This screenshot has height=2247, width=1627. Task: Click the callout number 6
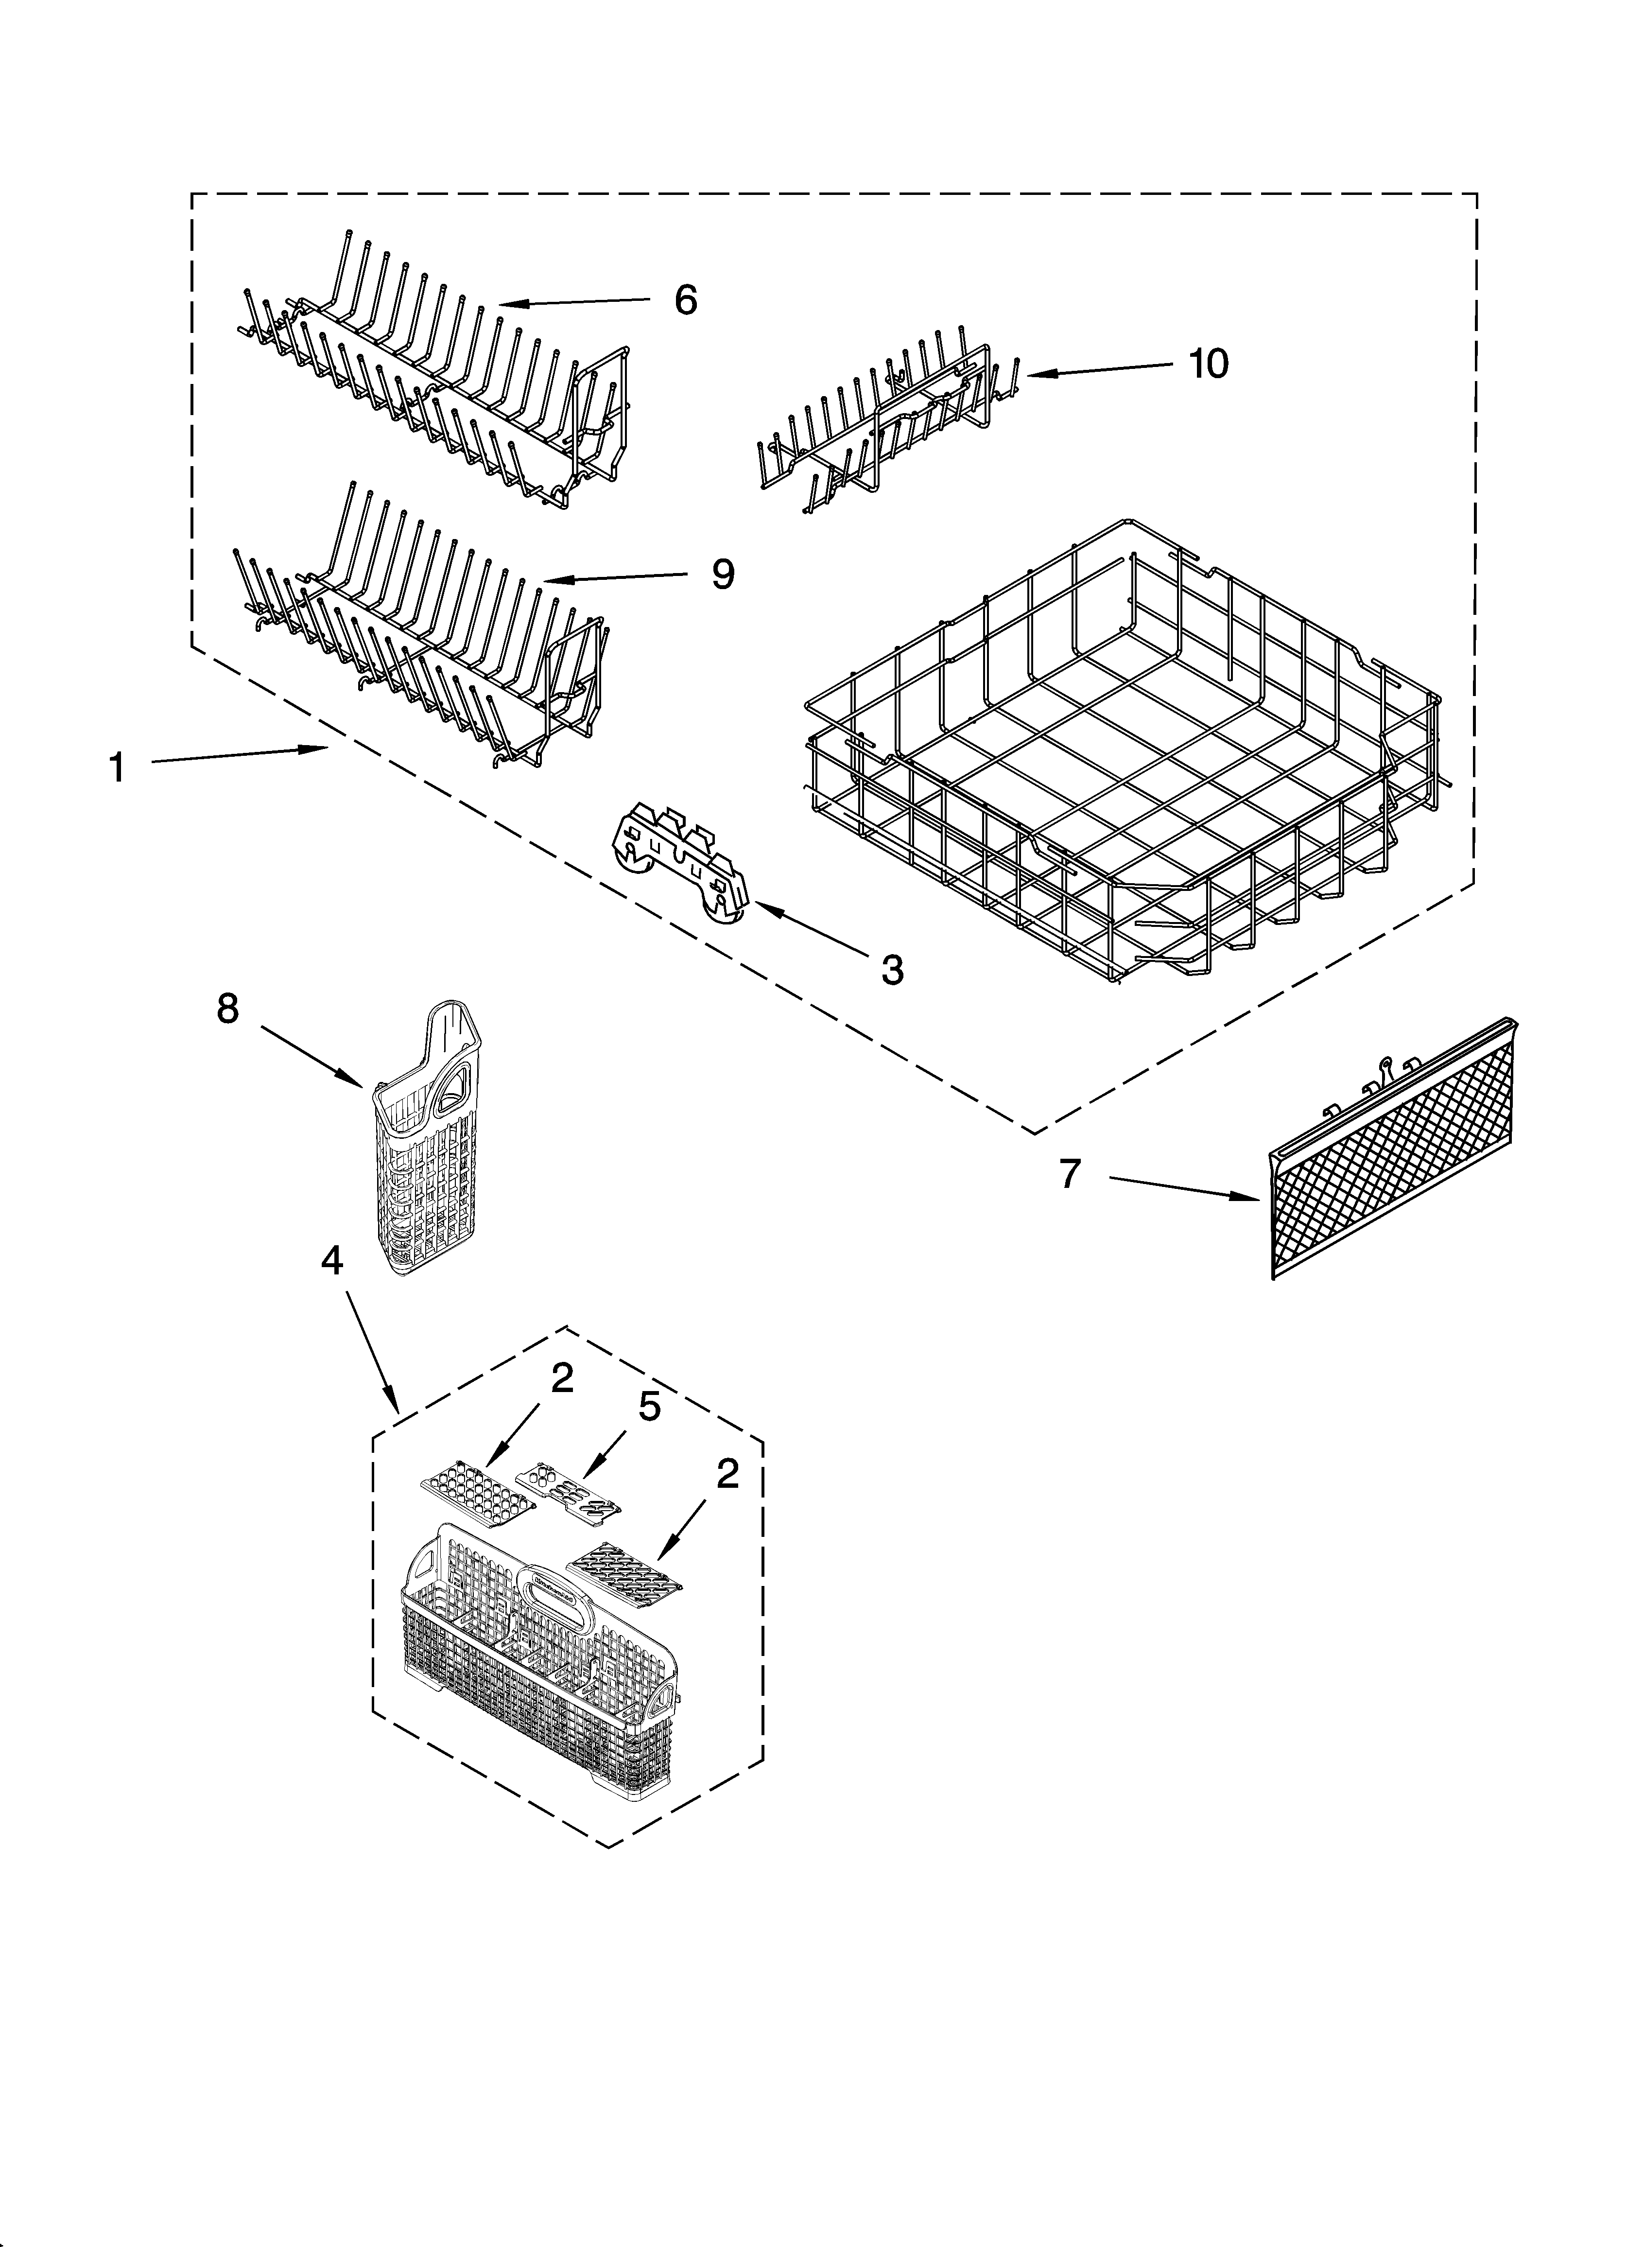tap(686, 299)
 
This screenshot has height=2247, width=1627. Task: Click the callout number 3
tap(892, 970)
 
